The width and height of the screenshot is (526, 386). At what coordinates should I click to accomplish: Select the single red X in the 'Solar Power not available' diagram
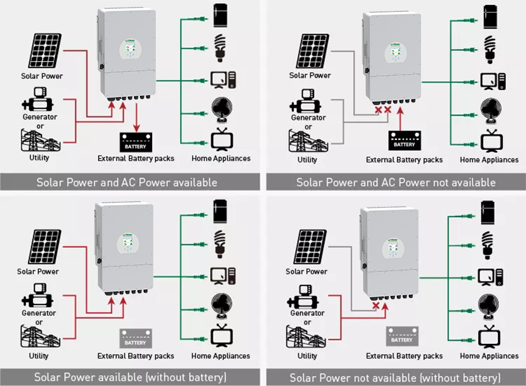[376, 306]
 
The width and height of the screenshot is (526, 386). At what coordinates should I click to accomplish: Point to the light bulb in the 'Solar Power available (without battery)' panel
[220, 243]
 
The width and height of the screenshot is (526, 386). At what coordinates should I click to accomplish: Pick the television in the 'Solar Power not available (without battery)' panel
[488, 336]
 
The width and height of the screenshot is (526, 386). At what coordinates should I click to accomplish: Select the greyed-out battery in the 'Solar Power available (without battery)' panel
[135, 338]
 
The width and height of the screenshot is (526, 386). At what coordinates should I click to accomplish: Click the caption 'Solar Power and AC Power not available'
[396, 182]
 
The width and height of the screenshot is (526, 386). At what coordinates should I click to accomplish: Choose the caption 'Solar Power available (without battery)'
[130, 377]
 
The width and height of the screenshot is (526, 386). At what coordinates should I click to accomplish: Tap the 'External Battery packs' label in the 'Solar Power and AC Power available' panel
[135, 158]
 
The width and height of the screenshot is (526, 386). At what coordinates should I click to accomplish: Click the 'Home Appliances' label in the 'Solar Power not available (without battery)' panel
[489, 355]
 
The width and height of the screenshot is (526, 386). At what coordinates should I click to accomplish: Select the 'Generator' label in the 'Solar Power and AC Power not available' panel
[308, 118]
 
